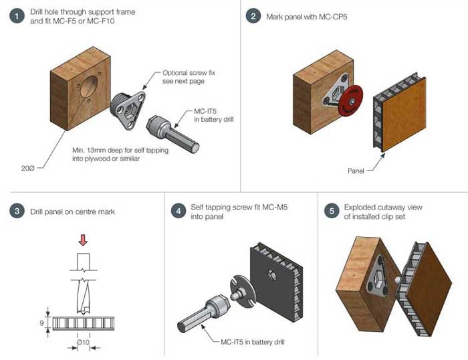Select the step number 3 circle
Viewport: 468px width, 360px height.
tap(15, 212)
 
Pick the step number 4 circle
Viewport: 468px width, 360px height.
tap(177, 212)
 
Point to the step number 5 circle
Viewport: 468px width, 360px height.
tap(330, 212)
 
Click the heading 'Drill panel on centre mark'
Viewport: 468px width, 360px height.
tap(72, 212)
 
